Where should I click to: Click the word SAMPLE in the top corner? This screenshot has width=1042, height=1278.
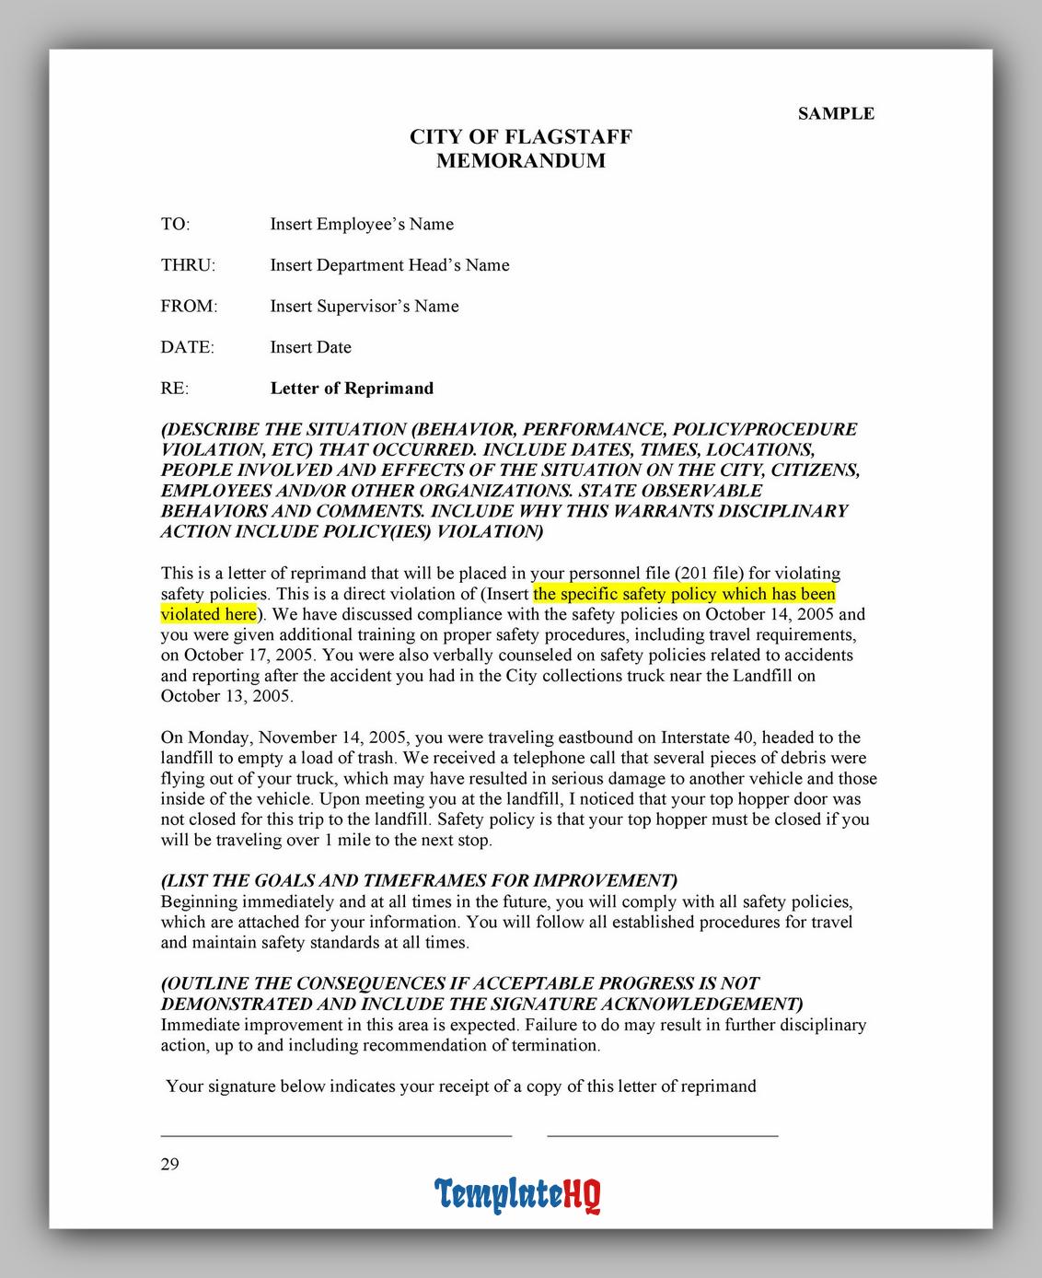(836, 113)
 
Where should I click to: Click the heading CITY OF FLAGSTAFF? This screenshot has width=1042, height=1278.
(521, 137)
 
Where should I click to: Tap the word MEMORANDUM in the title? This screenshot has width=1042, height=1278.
(521, 161)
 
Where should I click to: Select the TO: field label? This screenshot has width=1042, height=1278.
(175, 224)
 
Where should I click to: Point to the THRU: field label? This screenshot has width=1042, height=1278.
(188, 265)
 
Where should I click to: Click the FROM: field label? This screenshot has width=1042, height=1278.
(189, 306)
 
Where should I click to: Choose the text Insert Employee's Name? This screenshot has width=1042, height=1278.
(362, 224)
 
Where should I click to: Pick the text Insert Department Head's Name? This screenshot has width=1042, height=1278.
(389, 265)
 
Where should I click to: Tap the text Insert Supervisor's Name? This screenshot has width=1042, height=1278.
(365, 306)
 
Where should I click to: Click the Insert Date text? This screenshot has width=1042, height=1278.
(310, 347)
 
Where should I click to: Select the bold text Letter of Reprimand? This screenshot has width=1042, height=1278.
(352, 388)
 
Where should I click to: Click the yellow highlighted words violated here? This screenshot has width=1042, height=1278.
(208, 614)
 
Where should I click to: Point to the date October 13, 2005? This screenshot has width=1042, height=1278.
(226, 696)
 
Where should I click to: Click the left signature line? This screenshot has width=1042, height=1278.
(336, 1135)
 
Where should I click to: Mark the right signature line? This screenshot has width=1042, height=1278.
(663, 1135)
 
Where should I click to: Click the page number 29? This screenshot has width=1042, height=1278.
(170, 1164)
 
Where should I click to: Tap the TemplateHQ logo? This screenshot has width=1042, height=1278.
(518, 1195)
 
